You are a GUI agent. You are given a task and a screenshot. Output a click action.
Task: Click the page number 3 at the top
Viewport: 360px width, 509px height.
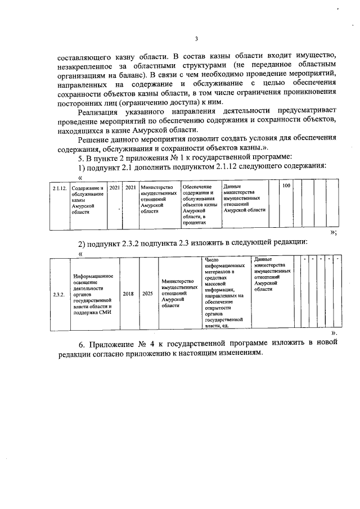196,39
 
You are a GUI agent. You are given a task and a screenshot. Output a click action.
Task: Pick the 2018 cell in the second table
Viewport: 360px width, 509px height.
128,294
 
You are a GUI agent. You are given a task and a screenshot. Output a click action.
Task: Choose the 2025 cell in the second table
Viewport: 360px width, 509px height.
147,294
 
